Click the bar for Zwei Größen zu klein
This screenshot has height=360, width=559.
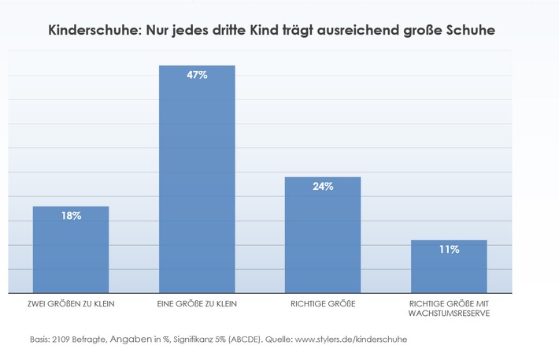(71, 250)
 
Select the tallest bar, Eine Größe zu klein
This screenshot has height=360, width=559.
(197, 179)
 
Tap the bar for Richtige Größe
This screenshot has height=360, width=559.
(323, 235)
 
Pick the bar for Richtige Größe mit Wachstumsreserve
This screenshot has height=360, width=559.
(449, 266)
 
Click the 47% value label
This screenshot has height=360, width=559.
(197, 75)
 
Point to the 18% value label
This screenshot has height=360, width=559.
(72, 216)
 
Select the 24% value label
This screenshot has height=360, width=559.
(323, 186)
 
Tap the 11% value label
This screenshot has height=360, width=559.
(450, 250)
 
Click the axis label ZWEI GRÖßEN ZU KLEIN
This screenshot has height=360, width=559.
(71, 304)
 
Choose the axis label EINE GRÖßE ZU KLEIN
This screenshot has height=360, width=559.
(197, 304)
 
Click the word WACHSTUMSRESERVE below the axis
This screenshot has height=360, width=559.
(449, 314)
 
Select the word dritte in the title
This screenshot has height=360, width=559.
(229, 30)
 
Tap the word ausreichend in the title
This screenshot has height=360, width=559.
(358, 30)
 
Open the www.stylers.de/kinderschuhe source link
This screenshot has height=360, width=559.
(351, 340)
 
